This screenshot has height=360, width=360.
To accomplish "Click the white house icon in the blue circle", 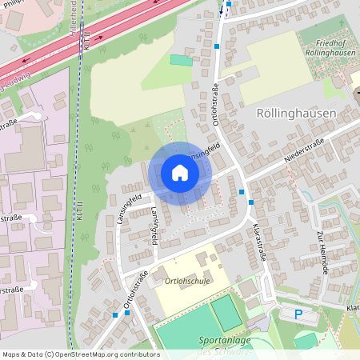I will click(180, 173).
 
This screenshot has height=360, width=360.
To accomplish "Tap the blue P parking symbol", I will click(298, 315).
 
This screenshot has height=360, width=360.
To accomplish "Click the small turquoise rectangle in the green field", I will click(182, 60).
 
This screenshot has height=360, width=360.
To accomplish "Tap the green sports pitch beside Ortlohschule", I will click(226, 313).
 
